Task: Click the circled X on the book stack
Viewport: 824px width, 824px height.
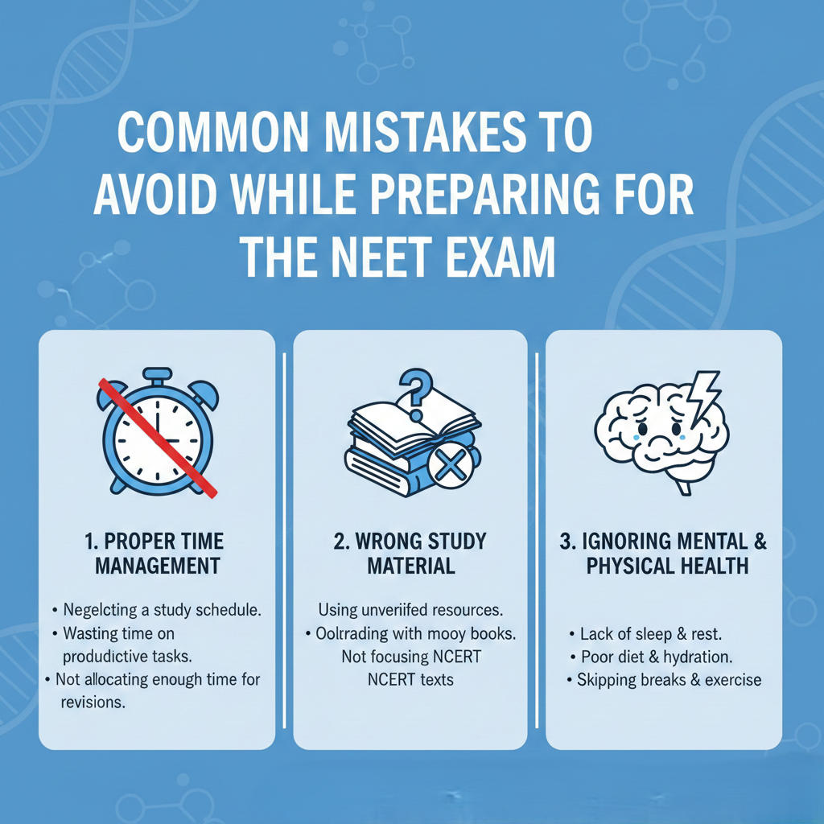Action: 451,466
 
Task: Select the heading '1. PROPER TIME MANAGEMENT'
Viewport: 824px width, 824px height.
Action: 158,552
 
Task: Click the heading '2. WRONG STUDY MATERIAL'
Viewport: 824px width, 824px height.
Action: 410,552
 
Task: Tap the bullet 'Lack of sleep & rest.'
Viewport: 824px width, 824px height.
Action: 653,633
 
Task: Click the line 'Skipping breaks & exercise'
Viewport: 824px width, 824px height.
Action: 668,680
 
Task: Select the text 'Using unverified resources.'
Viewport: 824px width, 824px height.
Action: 410,610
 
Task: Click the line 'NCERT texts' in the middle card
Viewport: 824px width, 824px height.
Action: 410,680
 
